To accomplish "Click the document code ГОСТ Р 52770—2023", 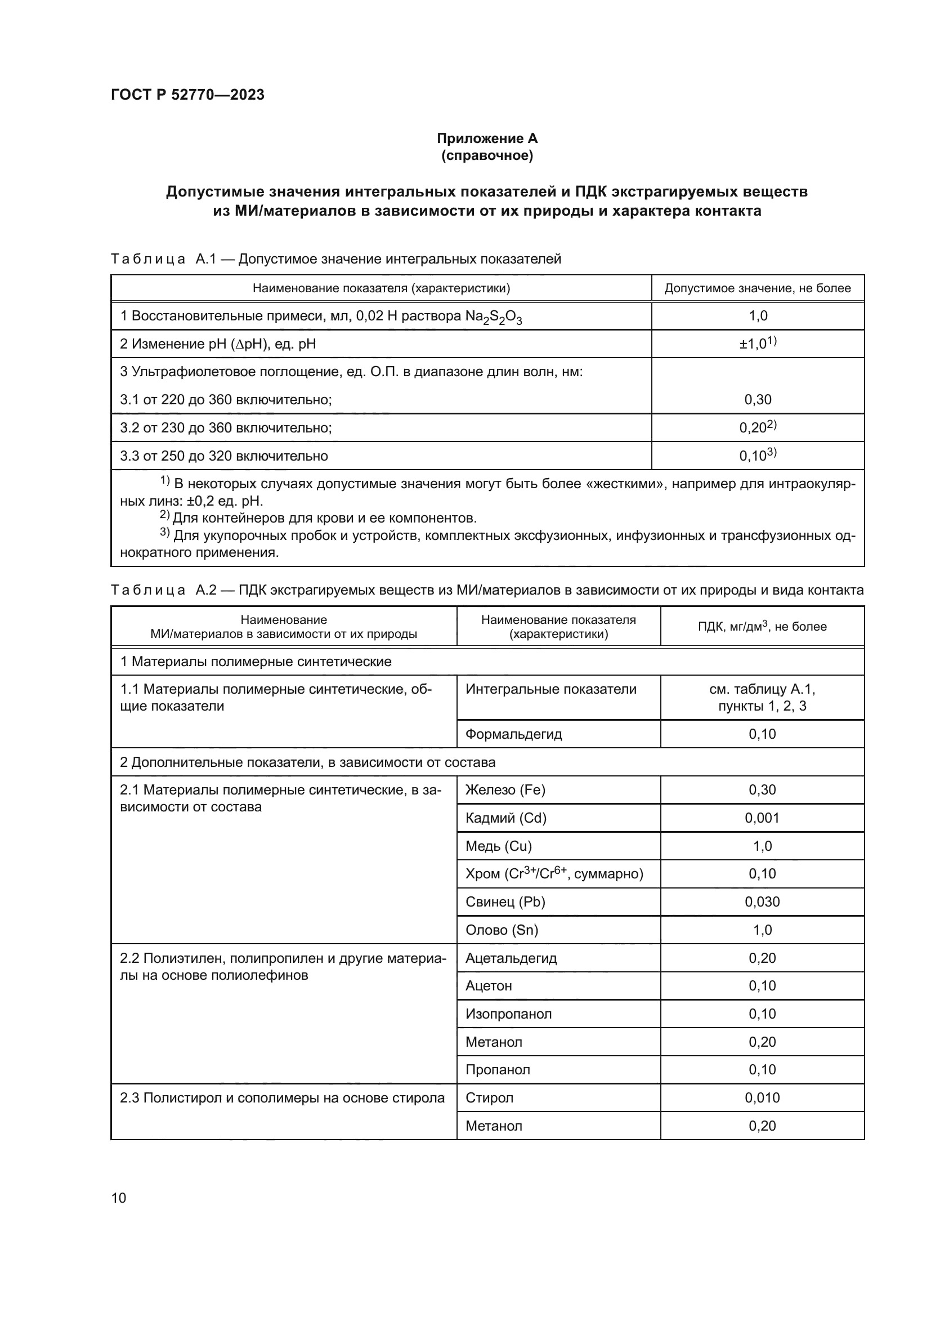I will click(187, 95).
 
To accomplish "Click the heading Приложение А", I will click(487, 139).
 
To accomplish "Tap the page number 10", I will click(119, 1198).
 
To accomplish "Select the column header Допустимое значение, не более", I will click(757, 288).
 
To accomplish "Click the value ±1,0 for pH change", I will click(757, 343).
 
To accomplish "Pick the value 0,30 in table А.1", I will click(757, 400).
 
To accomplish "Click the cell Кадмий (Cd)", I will click(505, 818).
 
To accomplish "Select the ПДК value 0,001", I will click(762, 818).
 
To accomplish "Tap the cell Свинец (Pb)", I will click(505, 901).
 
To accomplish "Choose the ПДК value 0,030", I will click(762, 901).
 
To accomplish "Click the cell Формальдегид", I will click(513, 734).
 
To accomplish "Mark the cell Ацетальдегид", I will click(511, 958).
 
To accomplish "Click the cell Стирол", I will click(489, 1098).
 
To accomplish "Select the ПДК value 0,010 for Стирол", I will click(762, 1098).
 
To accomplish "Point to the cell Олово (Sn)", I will click(502, 930).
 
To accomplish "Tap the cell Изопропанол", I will click(508, 1014).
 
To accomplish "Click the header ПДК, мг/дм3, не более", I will click(762, 626).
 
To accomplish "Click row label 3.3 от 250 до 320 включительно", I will click(223, 456).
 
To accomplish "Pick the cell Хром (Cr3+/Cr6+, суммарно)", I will click(554, 874).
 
